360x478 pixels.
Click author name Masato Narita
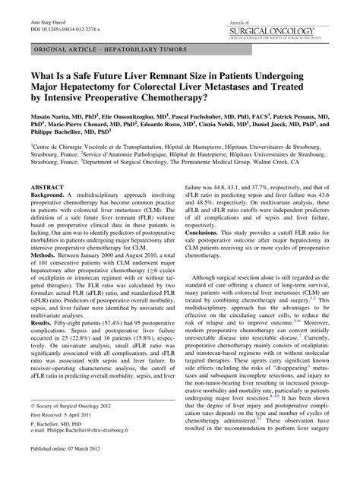pos(51,119)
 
